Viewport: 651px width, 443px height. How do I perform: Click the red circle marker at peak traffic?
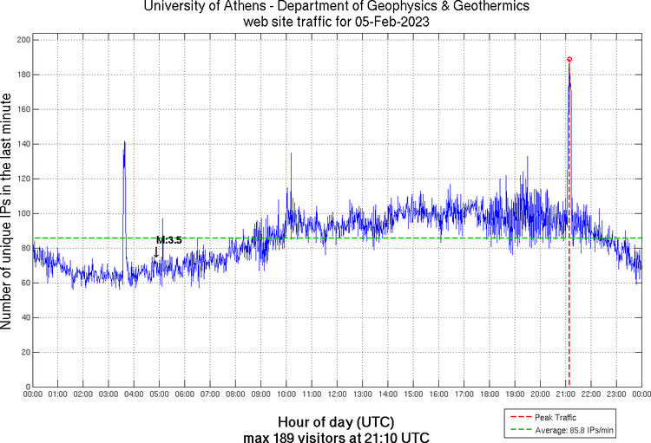[x=569, y=59]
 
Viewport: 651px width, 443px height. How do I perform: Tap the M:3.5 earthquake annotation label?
[x=168, y=240]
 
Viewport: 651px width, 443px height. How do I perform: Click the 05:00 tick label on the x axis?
[x=160, y=395]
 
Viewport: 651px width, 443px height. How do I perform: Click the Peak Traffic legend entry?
[x=555, y=417]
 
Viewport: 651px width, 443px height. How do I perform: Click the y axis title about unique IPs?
[x=8, y=212]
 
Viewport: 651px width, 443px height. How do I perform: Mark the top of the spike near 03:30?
[x=124, y=141]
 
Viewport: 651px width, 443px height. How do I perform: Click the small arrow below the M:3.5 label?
[x=156, y=253]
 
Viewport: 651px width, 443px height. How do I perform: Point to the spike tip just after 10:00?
[x=291, y=153]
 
